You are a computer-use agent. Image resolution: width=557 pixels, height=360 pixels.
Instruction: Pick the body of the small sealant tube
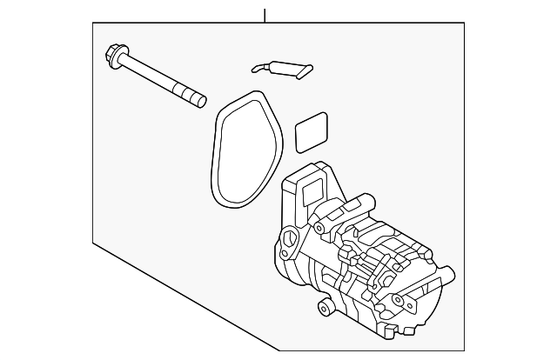(280, 66)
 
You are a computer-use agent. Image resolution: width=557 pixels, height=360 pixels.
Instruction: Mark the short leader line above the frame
(265, 14)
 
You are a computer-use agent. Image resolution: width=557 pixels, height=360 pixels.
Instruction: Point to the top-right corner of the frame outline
(464, 23)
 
